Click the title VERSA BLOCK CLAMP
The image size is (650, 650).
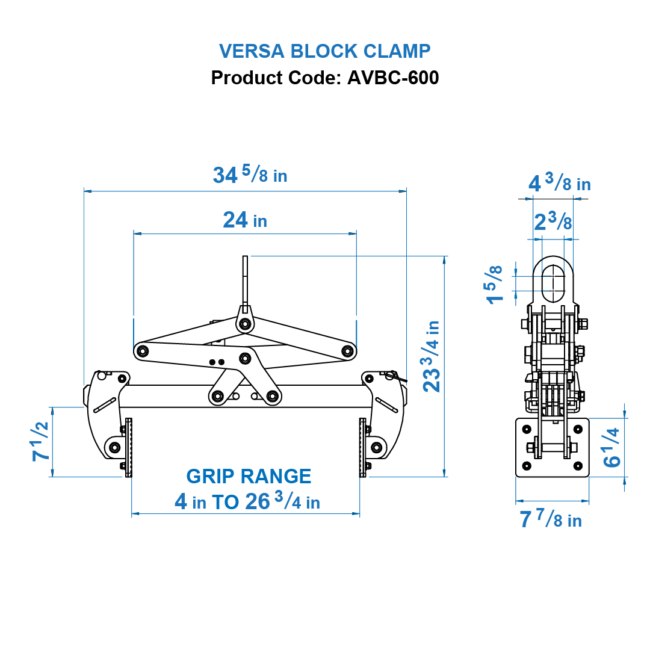pos(324,51)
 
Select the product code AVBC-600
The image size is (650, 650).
pos(392,78)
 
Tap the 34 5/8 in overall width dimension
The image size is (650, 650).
pos(250,175)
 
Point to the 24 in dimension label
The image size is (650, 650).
pos(245,220)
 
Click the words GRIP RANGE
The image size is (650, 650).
pos(249,477)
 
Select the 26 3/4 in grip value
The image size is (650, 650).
pos(282,501)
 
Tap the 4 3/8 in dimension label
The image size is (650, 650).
pos(559,183)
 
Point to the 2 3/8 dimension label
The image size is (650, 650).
pos(553,223)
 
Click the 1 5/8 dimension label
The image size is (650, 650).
pos(495,284)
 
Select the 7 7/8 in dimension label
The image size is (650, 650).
pos(551,519)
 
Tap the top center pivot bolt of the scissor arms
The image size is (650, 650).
pos(244,324)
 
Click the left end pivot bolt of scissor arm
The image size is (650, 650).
pos(143,350)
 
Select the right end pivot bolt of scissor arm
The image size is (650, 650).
pos(347,350)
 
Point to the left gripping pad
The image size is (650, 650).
pos(128,447)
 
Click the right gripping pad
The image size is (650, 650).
pos(362,447)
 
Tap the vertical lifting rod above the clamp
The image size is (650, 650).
pos(245,280)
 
